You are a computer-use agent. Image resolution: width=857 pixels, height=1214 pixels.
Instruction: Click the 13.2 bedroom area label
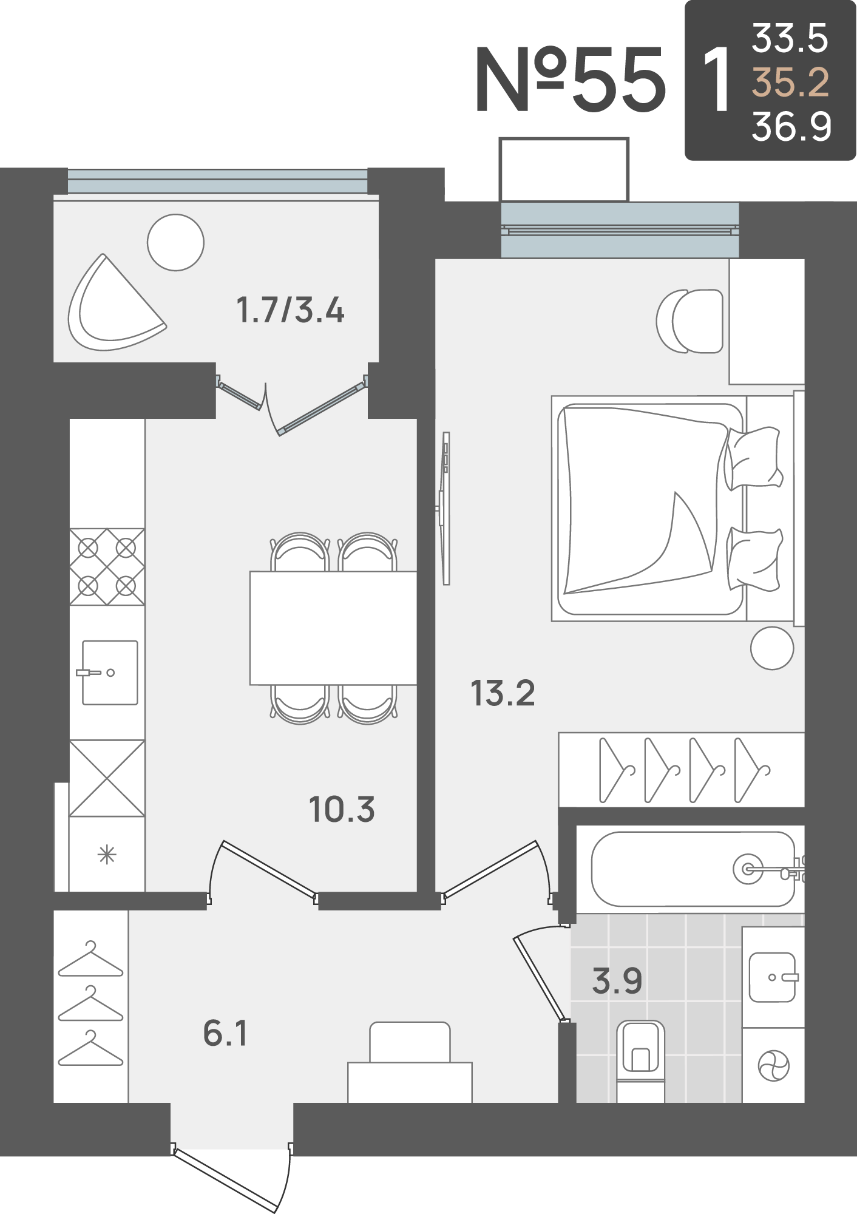tap(503, 693)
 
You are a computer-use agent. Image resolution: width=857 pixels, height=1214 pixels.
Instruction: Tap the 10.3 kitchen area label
tap(342, 810)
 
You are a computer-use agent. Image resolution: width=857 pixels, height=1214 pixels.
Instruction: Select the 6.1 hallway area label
tap(225, 1033)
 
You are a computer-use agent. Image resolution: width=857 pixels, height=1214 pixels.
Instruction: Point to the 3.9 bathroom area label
tap(617, 981)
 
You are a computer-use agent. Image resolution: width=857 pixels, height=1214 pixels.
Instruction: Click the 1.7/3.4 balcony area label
tap(290, 310)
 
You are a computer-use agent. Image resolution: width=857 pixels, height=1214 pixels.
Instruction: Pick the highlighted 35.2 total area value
tap(790, 82)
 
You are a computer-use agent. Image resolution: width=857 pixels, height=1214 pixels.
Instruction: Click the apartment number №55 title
tap(571, 80)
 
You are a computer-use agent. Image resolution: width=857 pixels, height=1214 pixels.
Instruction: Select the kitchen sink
tap(110, 673)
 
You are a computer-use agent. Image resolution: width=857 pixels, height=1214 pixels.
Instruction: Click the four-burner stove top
tap(107, 567)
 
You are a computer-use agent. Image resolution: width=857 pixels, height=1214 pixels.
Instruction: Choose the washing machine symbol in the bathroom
tap(773, 1066)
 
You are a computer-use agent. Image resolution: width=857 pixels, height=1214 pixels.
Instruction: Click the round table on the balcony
tap(175, 242)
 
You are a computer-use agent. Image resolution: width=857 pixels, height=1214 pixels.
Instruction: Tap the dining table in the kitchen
tap(333, 628)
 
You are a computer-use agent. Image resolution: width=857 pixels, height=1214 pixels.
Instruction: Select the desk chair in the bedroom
tap(690, 321)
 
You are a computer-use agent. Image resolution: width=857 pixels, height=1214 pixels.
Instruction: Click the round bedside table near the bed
tap(772, 648)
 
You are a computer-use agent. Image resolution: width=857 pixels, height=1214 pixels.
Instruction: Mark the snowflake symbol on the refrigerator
tap(107, 855)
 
